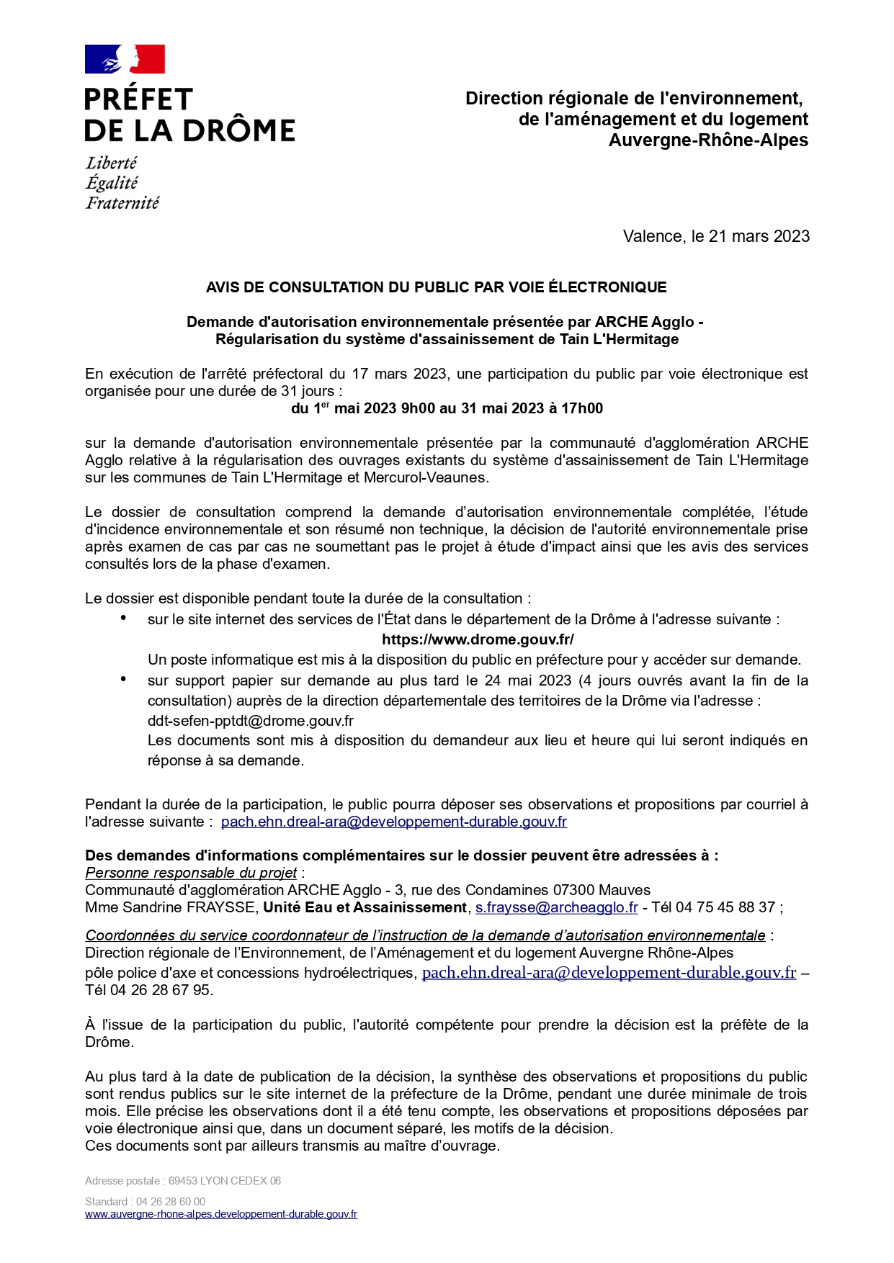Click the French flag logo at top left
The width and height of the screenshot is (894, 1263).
pos(125,59)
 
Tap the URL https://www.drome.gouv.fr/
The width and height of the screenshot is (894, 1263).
pos(478,639)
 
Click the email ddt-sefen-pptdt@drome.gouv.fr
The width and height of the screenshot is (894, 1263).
pos(251,721)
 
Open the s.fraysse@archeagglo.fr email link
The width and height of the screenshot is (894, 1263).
pos(556,907)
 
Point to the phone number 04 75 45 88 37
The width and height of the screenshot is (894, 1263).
pos(725,907)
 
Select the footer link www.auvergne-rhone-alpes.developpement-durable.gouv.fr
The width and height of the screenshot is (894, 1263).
pos(221,1214)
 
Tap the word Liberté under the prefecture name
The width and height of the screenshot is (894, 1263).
pos(111,163)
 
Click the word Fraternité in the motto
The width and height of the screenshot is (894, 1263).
pos(122,203)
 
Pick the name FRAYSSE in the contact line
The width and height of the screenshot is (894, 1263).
pos(222,907)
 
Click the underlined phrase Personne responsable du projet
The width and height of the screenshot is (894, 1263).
pos(191,873)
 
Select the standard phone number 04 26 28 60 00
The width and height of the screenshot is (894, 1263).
pos(171,1201)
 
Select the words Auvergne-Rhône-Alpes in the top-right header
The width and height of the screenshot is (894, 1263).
pos(708,140)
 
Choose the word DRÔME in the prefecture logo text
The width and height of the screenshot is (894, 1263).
pos(238,131)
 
